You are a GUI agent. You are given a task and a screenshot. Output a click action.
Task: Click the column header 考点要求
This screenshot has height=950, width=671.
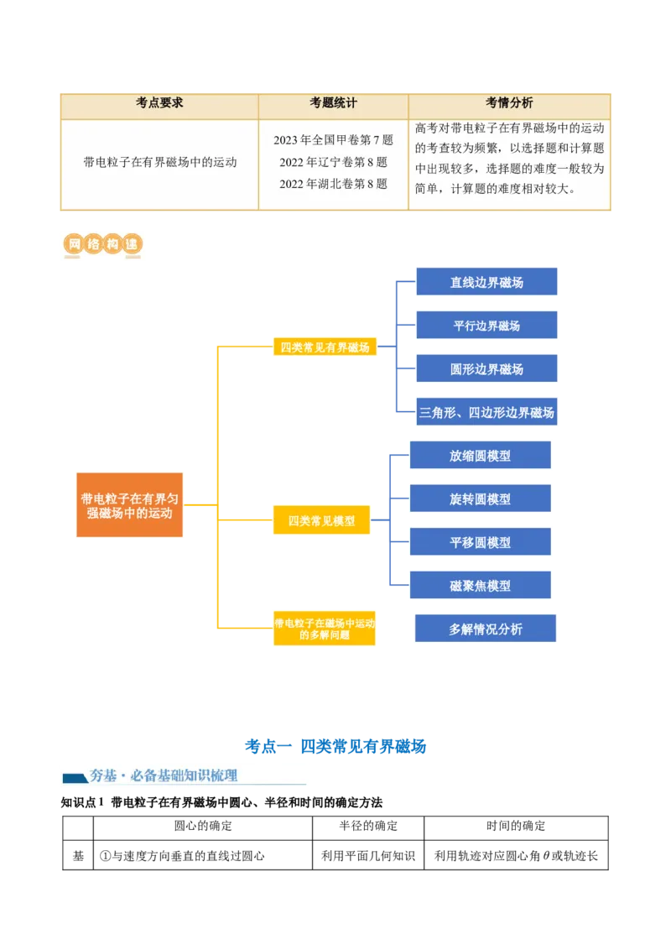click(x=159, y=103)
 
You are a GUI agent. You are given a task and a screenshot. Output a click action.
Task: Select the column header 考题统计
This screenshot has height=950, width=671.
click(x=333, y=103)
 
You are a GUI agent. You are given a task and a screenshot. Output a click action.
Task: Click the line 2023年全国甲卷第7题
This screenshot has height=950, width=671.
click(x=333, y=140)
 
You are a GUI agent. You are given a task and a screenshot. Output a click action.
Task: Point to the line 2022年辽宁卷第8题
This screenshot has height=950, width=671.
click(x=333, y=162)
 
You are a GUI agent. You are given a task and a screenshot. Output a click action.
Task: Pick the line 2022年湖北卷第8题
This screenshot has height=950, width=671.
click(x=333, y=184)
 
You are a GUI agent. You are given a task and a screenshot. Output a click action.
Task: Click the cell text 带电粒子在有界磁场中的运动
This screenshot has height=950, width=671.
click(x=159, y=162)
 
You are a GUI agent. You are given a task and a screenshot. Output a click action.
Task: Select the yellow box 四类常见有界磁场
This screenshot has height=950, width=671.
click(x=324, y=347)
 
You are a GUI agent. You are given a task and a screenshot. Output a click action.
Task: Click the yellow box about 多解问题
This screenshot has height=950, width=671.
click(x=325, y=629)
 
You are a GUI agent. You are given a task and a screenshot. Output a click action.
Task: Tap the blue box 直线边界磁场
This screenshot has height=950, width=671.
click(x=486, y=283)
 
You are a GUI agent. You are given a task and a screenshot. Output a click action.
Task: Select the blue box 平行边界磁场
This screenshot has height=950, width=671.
click(x=486, y=326)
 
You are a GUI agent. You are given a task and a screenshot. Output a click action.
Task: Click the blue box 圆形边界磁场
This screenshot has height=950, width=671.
click(x=486, y=369)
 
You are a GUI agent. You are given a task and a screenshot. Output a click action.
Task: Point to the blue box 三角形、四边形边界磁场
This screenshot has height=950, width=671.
click(x=486, y=413)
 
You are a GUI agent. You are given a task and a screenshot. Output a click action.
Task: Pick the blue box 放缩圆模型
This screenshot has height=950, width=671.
click(x=480, y=456)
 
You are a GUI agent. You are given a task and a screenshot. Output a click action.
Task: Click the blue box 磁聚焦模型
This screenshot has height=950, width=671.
click(x=480, y=586)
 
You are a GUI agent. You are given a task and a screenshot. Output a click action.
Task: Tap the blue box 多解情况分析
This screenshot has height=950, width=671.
click(x=486, y=629)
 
